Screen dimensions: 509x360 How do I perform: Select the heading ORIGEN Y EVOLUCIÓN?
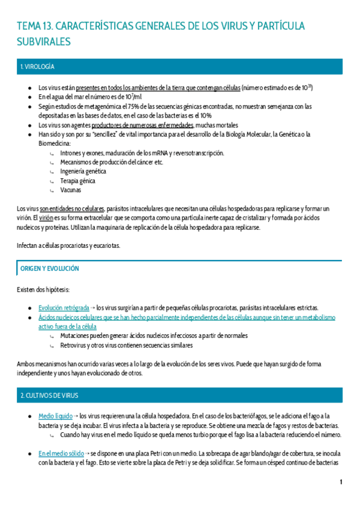[49, 269]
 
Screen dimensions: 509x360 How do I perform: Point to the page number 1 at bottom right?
[341, 482]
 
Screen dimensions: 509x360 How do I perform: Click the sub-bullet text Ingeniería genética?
[83, 171]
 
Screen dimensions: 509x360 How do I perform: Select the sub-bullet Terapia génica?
[77, 180]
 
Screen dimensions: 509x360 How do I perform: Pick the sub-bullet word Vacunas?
[71, 189]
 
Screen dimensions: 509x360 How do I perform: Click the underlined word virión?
[47, 218]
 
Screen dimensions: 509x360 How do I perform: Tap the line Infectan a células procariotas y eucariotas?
[68, 245]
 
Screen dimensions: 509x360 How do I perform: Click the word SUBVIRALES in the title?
[43, 41]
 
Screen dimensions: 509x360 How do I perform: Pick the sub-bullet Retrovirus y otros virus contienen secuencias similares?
[126, 345]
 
